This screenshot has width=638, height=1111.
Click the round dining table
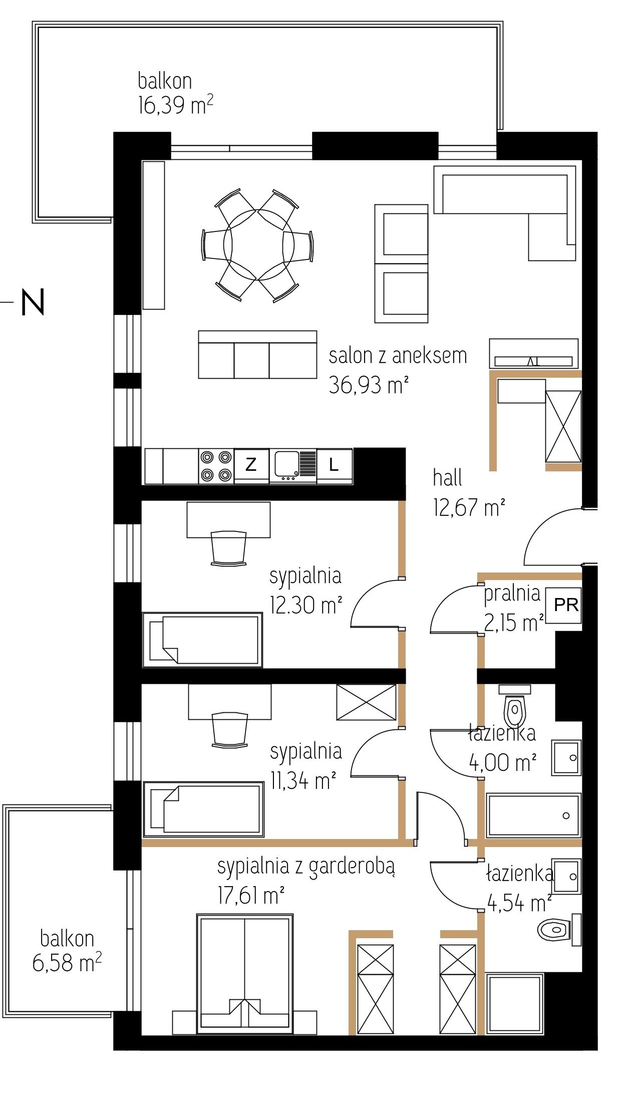pos(258,245)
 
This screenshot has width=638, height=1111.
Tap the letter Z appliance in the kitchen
pos(251,465)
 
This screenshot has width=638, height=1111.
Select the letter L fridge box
pos(334,465)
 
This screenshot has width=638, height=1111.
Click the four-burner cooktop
pos(216,466)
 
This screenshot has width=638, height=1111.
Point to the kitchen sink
pos(292,465)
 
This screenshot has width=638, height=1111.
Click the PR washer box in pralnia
pos(563,605)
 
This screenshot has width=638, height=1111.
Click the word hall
pos(447,478)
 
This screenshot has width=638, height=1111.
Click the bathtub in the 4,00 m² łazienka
pos(534,814)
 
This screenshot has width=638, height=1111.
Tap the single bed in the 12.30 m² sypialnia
pos(203,639)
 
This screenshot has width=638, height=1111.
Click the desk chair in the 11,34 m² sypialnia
pos(230,730)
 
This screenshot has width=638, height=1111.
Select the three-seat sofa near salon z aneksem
pos(257,354)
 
